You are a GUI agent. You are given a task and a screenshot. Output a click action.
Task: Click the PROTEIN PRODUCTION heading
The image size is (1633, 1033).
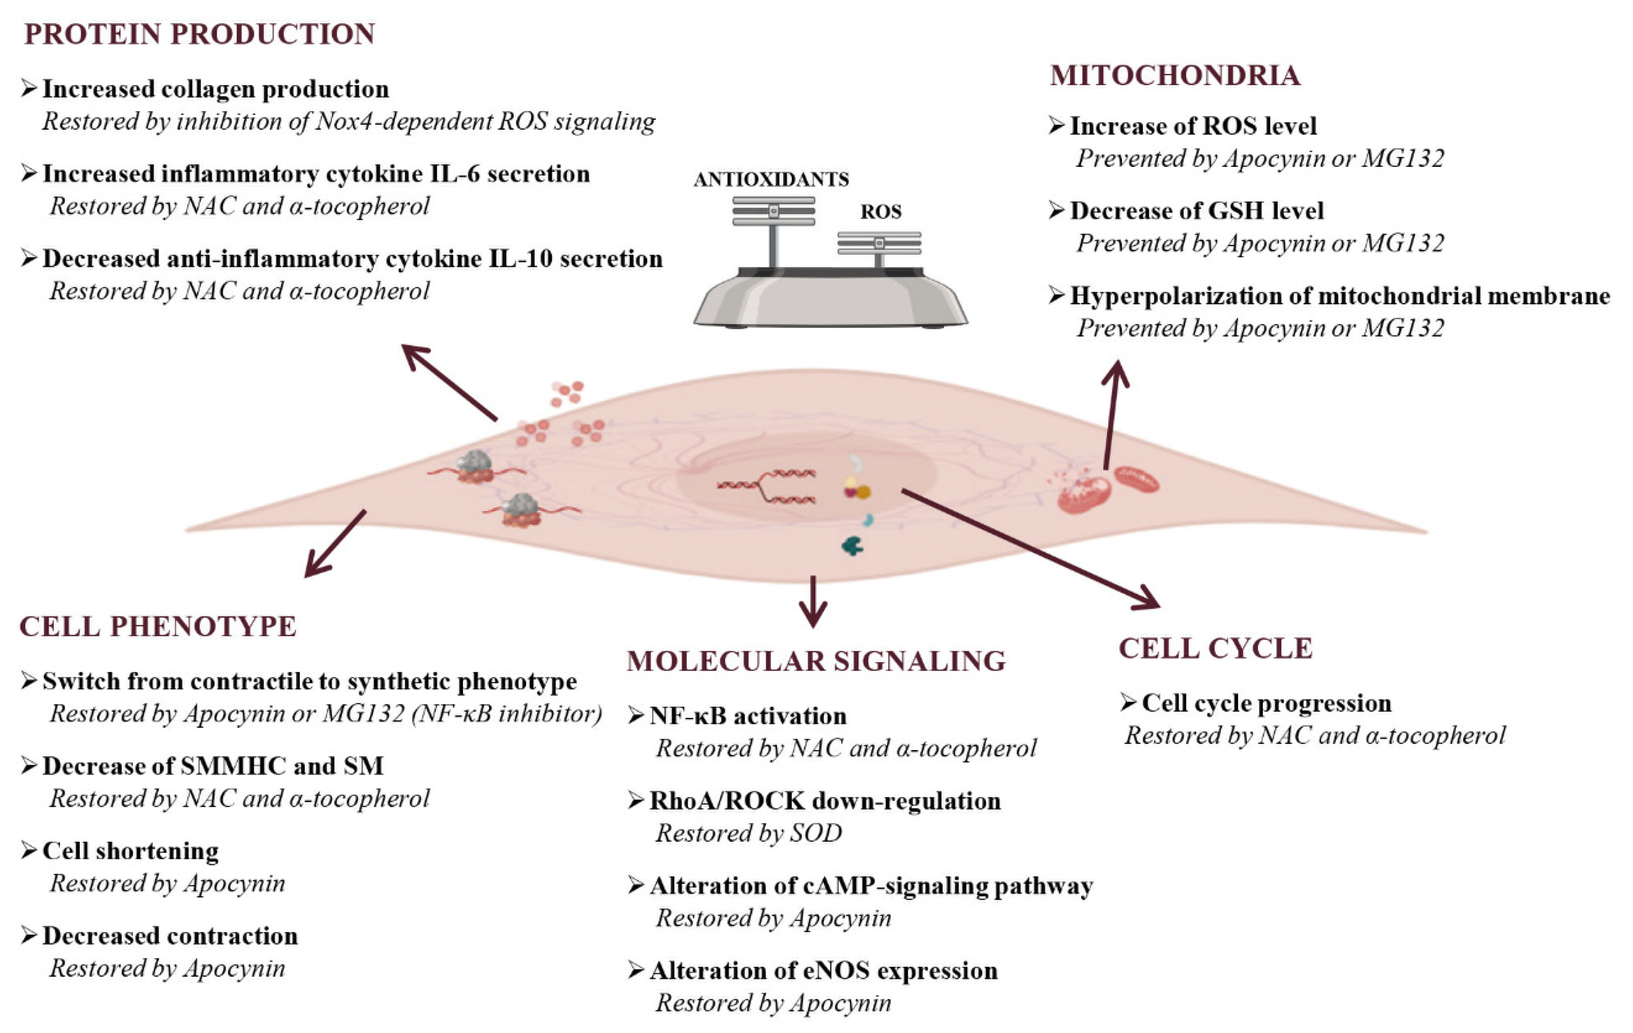click(x=200, y=34)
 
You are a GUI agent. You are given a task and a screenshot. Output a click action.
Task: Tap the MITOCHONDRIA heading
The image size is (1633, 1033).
click(x=1175, y=75)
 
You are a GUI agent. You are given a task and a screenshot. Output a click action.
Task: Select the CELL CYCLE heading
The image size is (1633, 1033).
click(x=1215, y=648)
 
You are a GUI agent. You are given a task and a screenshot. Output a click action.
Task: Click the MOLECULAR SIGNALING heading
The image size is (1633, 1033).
click(x=816, y=661)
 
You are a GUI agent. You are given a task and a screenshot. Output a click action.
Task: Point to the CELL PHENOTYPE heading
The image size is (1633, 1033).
click(x=157, y=626)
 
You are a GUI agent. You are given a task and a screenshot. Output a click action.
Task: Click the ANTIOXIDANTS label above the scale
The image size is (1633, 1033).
click(x=770, y=179)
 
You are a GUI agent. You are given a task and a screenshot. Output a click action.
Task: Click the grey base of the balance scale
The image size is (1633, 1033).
click(x=830, y=302)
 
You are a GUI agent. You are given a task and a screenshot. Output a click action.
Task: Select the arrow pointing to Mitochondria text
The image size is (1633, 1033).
click(x=1111, y=414)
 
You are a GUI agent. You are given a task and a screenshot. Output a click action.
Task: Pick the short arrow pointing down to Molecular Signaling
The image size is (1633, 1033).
click(x=813, y=601)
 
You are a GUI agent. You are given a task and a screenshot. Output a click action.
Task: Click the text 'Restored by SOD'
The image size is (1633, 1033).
click(x=748, y=833)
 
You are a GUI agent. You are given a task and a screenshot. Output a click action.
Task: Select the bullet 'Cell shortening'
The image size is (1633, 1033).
click(x=130, y=851)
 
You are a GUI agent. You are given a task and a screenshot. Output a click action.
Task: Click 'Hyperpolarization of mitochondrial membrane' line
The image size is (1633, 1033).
click(x=1339, y=296)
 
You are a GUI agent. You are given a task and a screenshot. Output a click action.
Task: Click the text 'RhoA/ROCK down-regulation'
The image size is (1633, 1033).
click(x=824, y=801)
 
